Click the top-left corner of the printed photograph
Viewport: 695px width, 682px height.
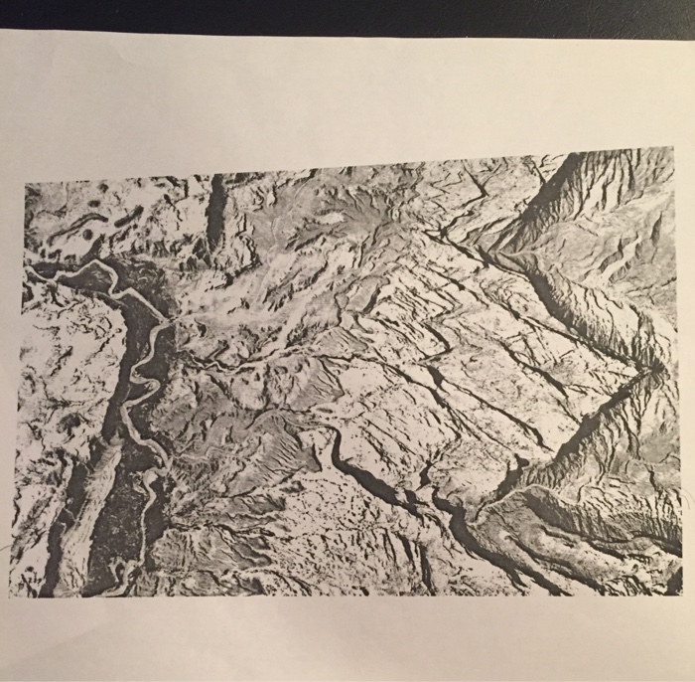25,184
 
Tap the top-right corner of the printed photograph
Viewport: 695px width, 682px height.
672,148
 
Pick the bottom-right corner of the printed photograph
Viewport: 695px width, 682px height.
683,595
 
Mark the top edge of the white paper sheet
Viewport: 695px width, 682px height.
347,34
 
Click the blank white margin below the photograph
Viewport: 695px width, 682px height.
347,636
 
